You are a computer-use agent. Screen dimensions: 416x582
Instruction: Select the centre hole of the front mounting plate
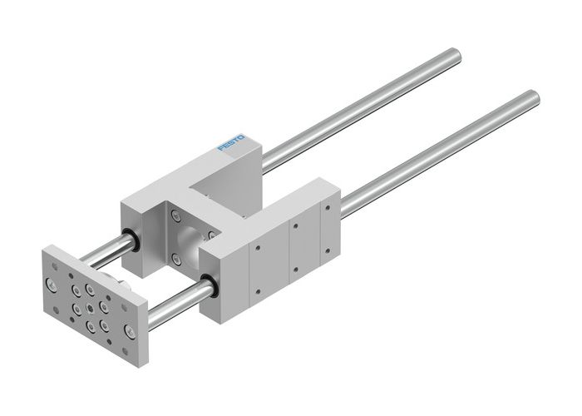click(x=88, y=302)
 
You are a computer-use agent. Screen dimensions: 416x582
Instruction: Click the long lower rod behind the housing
click(x=432, y=150)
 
